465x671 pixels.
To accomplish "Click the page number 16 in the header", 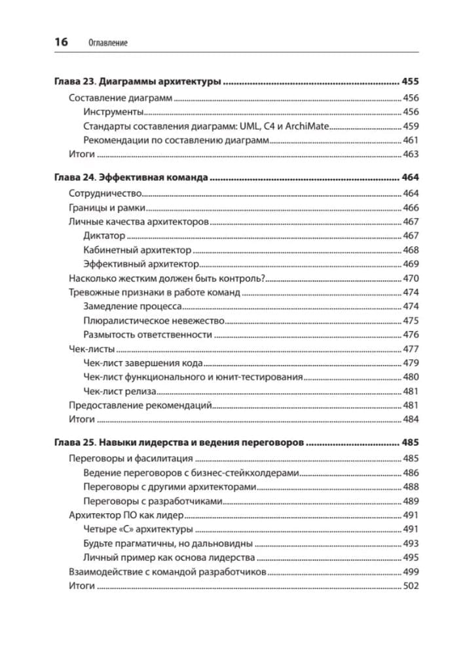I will point(60,42).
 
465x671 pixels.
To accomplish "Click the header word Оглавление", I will point(107,43).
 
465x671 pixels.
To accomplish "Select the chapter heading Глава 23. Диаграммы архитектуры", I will point(136,83).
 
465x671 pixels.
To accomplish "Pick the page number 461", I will point(411,140).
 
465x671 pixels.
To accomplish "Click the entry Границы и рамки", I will point(107,207).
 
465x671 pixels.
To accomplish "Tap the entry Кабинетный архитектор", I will point(138,250).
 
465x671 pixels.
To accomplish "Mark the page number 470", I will point(411,278).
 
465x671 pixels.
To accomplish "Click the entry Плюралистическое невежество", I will point(155,320).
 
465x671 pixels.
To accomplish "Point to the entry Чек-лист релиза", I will point(120,391).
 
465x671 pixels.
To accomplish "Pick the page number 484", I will point(411,419).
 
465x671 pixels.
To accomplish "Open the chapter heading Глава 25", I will point(75,442).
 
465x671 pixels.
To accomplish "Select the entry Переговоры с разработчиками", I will point(153,501).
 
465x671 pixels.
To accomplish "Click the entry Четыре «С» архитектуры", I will point(138,529).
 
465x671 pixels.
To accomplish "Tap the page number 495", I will point(411,557).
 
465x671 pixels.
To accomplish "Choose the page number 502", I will point(411,586).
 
